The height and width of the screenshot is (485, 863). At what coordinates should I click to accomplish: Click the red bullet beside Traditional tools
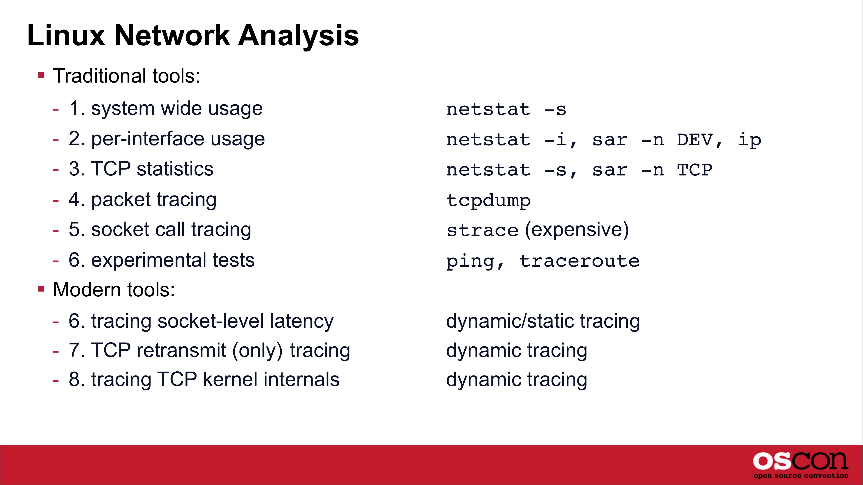point(42,75)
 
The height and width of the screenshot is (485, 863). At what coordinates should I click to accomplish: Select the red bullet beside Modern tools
point(42,289)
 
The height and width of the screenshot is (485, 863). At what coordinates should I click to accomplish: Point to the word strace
point(483,230)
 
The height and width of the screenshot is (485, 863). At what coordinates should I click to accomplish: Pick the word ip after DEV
point(750,140)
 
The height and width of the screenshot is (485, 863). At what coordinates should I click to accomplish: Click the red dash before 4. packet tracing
point(56,200)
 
